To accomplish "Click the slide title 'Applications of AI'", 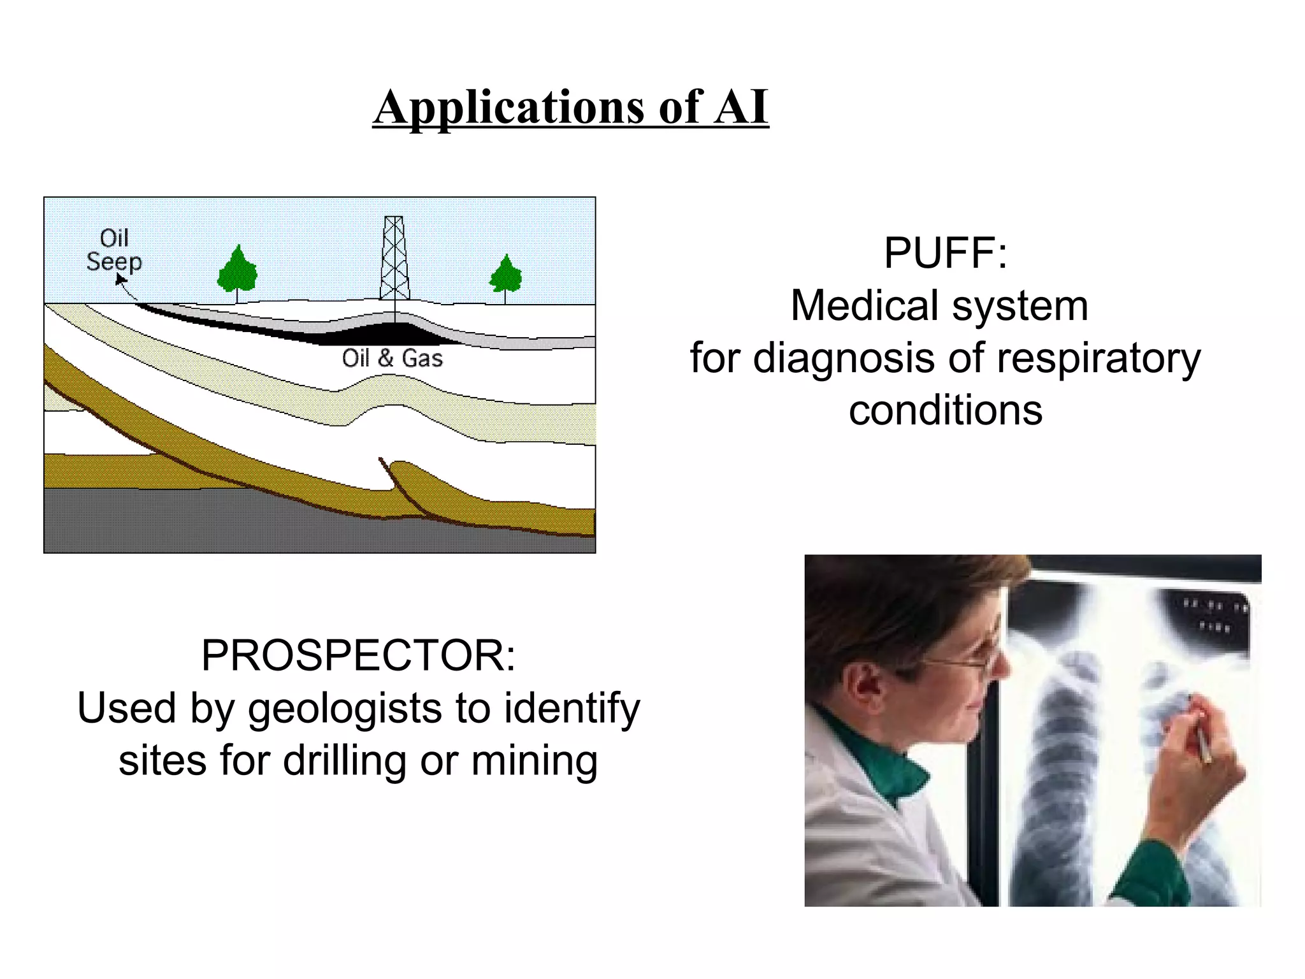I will tap(570, 107).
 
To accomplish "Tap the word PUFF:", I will tap(945, 253).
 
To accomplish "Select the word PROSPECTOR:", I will tap(358, 655).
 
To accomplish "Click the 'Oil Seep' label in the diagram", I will tap(114, 250).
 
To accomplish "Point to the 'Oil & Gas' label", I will tap(392, 358).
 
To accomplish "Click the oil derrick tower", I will tap(394, 258).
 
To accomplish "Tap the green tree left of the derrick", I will tap(237, 270).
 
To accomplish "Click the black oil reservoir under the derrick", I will tap(382, 332).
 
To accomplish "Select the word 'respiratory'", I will tap(1099, 358).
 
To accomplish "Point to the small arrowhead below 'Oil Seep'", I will tap(120, 279).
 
